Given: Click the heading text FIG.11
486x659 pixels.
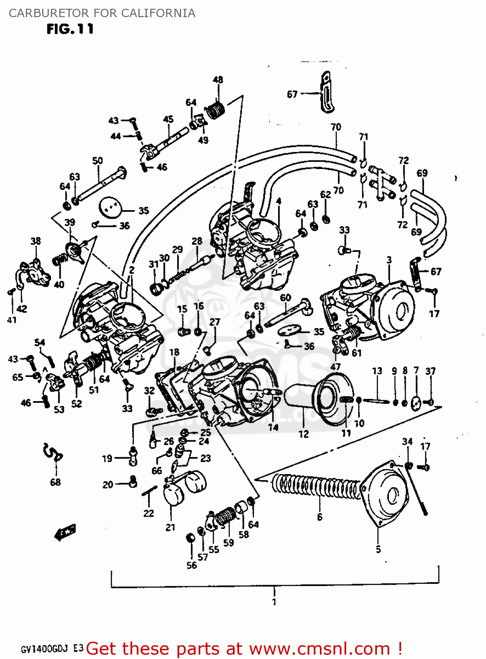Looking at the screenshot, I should tap(70, 29).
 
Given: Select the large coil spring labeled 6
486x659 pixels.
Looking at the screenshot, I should tap(316, 486).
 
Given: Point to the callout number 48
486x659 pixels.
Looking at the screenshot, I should tap(218, 80).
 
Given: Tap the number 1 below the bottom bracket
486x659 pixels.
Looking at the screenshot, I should tap(274, 601).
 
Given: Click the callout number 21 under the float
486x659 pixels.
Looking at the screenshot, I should tap(170, 528).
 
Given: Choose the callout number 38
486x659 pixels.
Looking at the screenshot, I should tap(36, 241).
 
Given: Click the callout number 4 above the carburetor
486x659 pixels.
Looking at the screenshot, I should tap(279, 201).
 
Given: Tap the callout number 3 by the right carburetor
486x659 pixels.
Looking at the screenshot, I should tap(389, 260).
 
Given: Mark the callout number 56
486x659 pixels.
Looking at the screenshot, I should tap(192, 565).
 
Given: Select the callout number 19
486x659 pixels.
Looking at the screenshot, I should tap(107, 458).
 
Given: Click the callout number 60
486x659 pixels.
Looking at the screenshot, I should tap(286, 297).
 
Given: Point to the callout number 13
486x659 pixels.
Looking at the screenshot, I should tap(377, 371).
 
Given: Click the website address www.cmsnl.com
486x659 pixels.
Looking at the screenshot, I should tap(320, 648).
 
